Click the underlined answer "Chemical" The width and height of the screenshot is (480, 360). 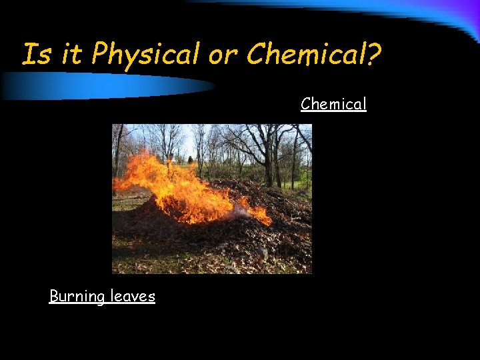click(x=333, y=104)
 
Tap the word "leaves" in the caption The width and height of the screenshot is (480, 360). click(x=133, y=296)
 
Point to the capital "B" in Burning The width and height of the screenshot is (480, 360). click(x=54, y=296)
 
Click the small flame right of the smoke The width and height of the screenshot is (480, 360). click(x=261, y=215)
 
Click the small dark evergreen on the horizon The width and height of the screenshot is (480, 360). click(x=190, y=159)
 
